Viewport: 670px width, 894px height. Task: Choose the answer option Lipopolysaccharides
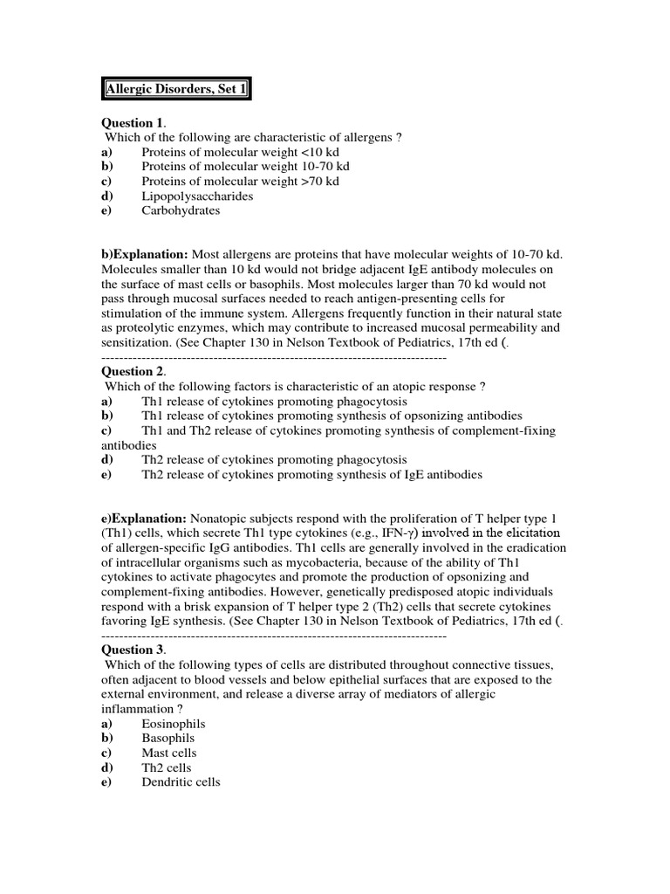point(197,196)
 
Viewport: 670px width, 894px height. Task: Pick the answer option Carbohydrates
point(181,210)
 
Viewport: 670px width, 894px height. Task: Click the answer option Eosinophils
point(174,724)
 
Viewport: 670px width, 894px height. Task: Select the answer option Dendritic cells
point(181,782)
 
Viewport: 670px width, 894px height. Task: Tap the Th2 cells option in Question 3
point(167,767)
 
